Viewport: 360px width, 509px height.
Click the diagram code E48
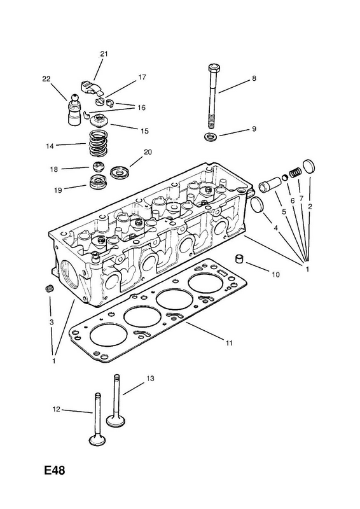click(55, 470)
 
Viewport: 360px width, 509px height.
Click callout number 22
click(46, 79)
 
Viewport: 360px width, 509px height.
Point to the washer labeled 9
click(211, 137)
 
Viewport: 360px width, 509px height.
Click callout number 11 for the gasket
click(229, 343)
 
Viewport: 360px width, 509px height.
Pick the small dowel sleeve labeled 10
click(240, 259)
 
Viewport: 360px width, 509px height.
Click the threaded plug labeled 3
click(49, 288)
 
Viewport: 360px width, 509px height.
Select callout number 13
click(150, 379)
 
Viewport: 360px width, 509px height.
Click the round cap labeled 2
click(308, 166)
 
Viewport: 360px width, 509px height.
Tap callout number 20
click(148, 152)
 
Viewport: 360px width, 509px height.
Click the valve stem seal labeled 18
click(98, 167)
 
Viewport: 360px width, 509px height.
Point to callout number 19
click(58, 190)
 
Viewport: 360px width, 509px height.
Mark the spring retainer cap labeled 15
click(100, 121)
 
